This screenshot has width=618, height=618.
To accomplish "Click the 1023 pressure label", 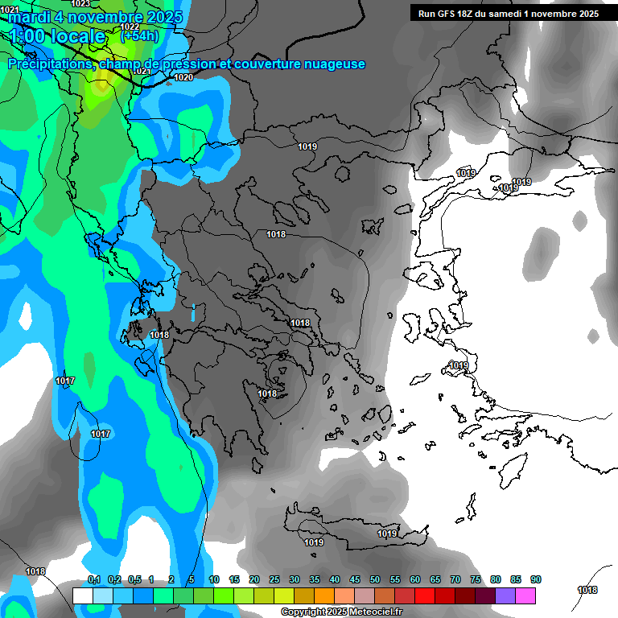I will tap(80, 4).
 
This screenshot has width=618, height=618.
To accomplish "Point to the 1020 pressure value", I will tap(183, 77).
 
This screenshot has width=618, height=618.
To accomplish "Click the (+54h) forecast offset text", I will tap(139, 35).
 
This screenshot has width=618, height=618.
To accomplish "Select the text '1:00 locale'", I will tap(57, 36).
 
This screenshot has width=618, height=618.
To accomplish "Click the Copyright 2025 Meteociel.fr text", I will tap(342, 612).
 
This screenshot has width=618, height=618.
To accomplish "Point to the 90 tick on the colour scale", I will tap(536, 580).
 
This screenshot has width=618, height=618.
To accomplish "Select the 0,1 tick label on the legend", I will tap(93, 580).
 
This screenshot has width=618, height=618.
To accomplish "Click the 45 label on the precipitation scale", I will tap(355, 580).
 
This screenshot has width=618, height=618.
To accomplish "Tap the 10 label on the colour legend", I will tap(214, 580).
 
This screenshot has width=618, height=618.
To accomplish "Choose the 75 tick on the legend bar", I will tap(476, 580).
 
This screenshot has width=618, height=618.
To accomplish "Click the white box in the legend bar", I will tap(83, 595).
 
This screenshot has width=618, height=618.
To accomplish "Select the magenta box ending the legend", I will tap(525, 595).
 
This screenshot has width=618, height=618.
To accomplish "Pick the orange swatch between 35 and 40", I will tap(324, 595).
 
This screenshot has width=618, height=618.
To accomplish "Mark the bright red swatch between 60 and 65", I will tap(425, 595).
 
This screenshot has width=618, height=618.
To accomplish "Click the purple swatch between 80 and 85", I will tap(505, 595).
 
